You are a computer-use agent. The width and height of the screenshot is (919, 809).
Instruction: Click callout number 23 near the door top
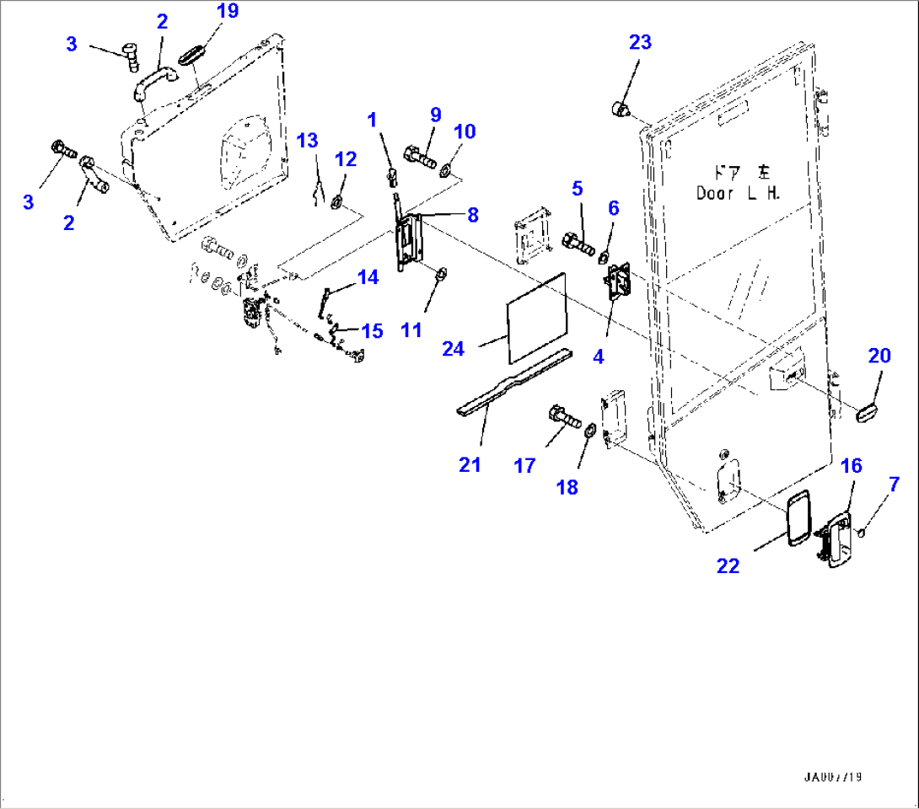[640, 42]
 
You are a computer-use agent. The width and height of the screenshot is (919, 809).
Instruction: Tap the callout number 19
[227, 11]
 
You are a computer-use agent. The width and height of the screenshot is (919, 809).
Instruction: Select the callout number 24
[453, 347]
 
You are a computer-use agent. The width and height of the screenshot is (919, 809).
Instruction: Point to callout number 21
[470, 463]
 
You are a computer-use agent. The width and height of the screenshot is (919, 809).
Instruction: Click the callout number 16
[851, 466]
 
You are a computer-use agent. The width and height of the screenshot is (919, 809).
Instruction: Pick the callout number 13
[308, 140]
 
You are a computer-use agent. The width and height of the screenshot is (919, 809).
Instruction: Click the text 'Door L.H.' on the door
[739, 192]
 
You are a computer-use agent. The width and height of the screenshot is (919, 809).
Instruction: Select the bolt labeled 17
[562, 415]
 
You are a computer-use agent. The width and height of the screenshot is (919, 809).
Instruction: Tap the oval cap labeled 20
[868, 412]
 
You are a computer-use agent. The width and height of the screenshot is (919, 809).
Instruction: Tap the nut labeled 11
[440, 275]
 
